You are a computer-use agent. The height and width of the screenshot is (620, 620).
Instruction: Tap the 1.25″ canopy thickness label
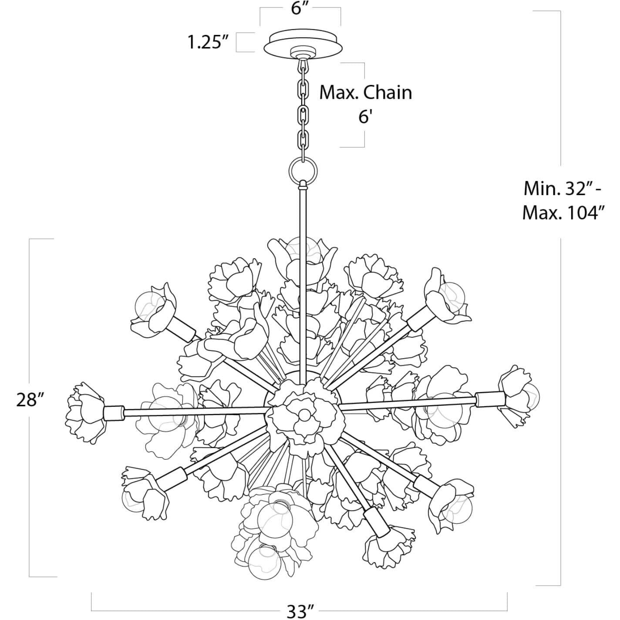208,42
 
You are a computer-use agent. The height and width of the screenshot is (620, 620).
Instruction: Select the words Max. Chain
366,92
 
